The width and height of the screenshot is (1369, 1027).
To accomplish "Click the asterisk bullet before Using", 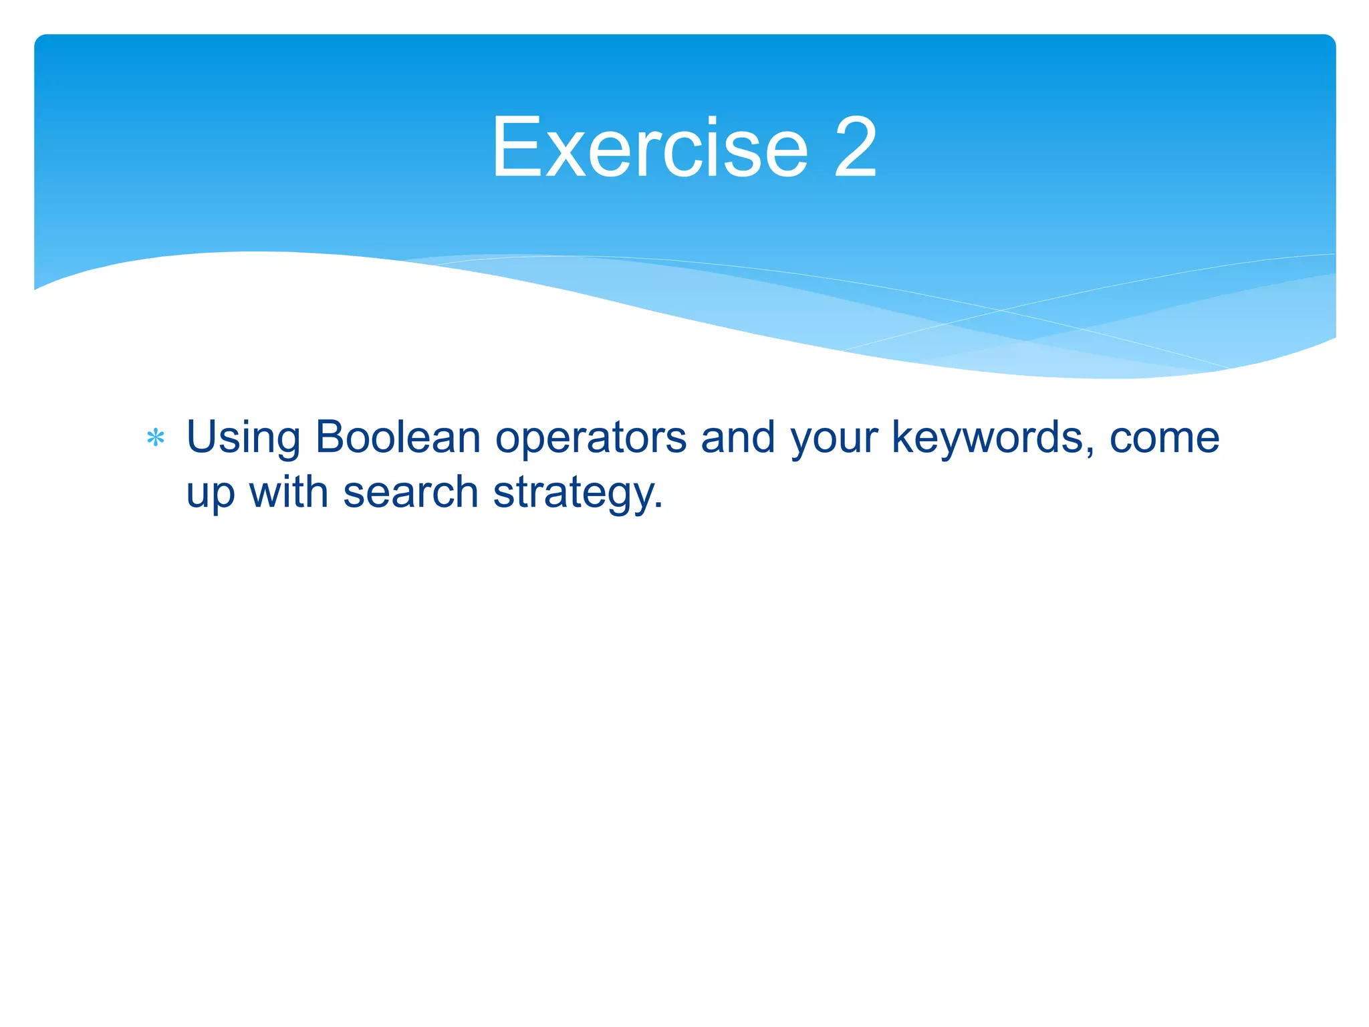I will click(x=156, y=439).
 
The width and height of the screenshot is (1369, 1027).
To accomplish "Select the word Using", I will click(x=243, y=439).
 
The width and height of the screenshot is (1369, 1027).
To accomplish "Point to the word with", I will click(x=289, y=492).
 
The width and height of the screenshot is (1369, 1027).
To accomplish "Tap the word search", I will click(x=410, y=492).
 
